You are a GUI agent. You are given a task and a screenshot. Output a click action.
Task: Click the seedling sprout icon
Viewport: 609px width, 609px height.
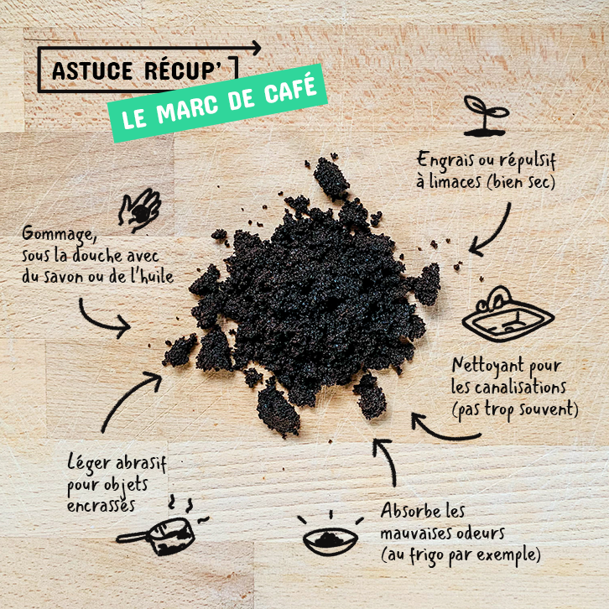point(486,117)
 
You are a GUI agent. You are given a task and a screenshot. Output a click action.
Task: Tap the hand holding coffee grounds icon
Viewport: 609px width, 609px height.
point(139,211)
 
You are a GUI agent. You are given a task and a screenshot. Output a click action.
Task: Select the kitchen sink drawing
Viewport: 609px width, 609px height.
point(507,314)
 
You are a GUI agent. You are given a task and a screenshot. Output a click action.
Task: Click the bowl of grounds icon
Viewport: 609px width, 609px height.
point(331,534)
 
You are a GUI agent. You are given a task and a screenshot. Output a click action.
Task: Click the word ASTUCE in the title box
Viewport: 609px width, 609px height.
point(92,71)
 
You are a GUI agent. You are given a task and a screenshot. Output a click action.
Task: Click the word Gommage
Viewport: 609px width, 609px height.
point(59,235)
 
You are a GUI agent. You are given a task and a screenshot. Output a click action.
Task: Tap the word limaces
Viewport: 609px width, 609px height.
point(455,181)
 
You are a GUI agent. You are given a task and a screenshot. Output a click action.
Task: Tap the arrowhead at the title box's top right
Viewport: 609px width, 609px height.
point(257,48)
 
